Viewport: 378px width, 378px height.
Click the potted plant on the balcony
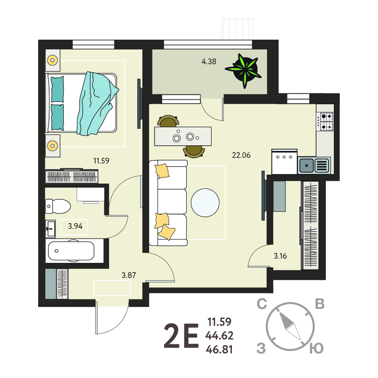244,70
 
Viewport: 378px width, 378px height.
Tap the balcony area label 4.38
209,62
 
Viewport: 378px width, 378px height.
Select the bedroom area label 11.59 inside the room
101,160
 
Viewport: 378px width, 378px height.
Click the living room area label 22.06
241,155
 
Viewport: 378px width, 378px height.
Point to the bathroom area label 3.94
75,226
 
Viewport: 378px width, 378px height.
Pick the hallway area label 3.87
129,275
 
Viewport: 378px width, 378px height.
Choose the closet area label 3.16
280,256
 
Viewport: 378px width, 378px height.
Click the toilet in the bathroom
58,206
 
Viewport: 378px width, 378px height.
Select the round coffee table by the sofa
205,203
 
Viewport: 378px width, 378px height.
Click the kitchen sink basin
306,165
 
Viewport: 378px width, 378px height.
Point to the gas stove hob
325,122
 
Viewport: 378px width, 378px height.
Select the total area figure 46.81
219,349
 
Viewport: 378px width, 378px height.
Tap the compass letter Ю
316,349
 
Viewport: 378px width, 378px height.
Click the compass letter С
262,304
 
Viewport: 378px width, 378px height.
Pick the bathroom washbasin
50,228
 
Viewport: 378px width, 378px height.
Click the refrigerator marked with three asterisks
284,162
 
